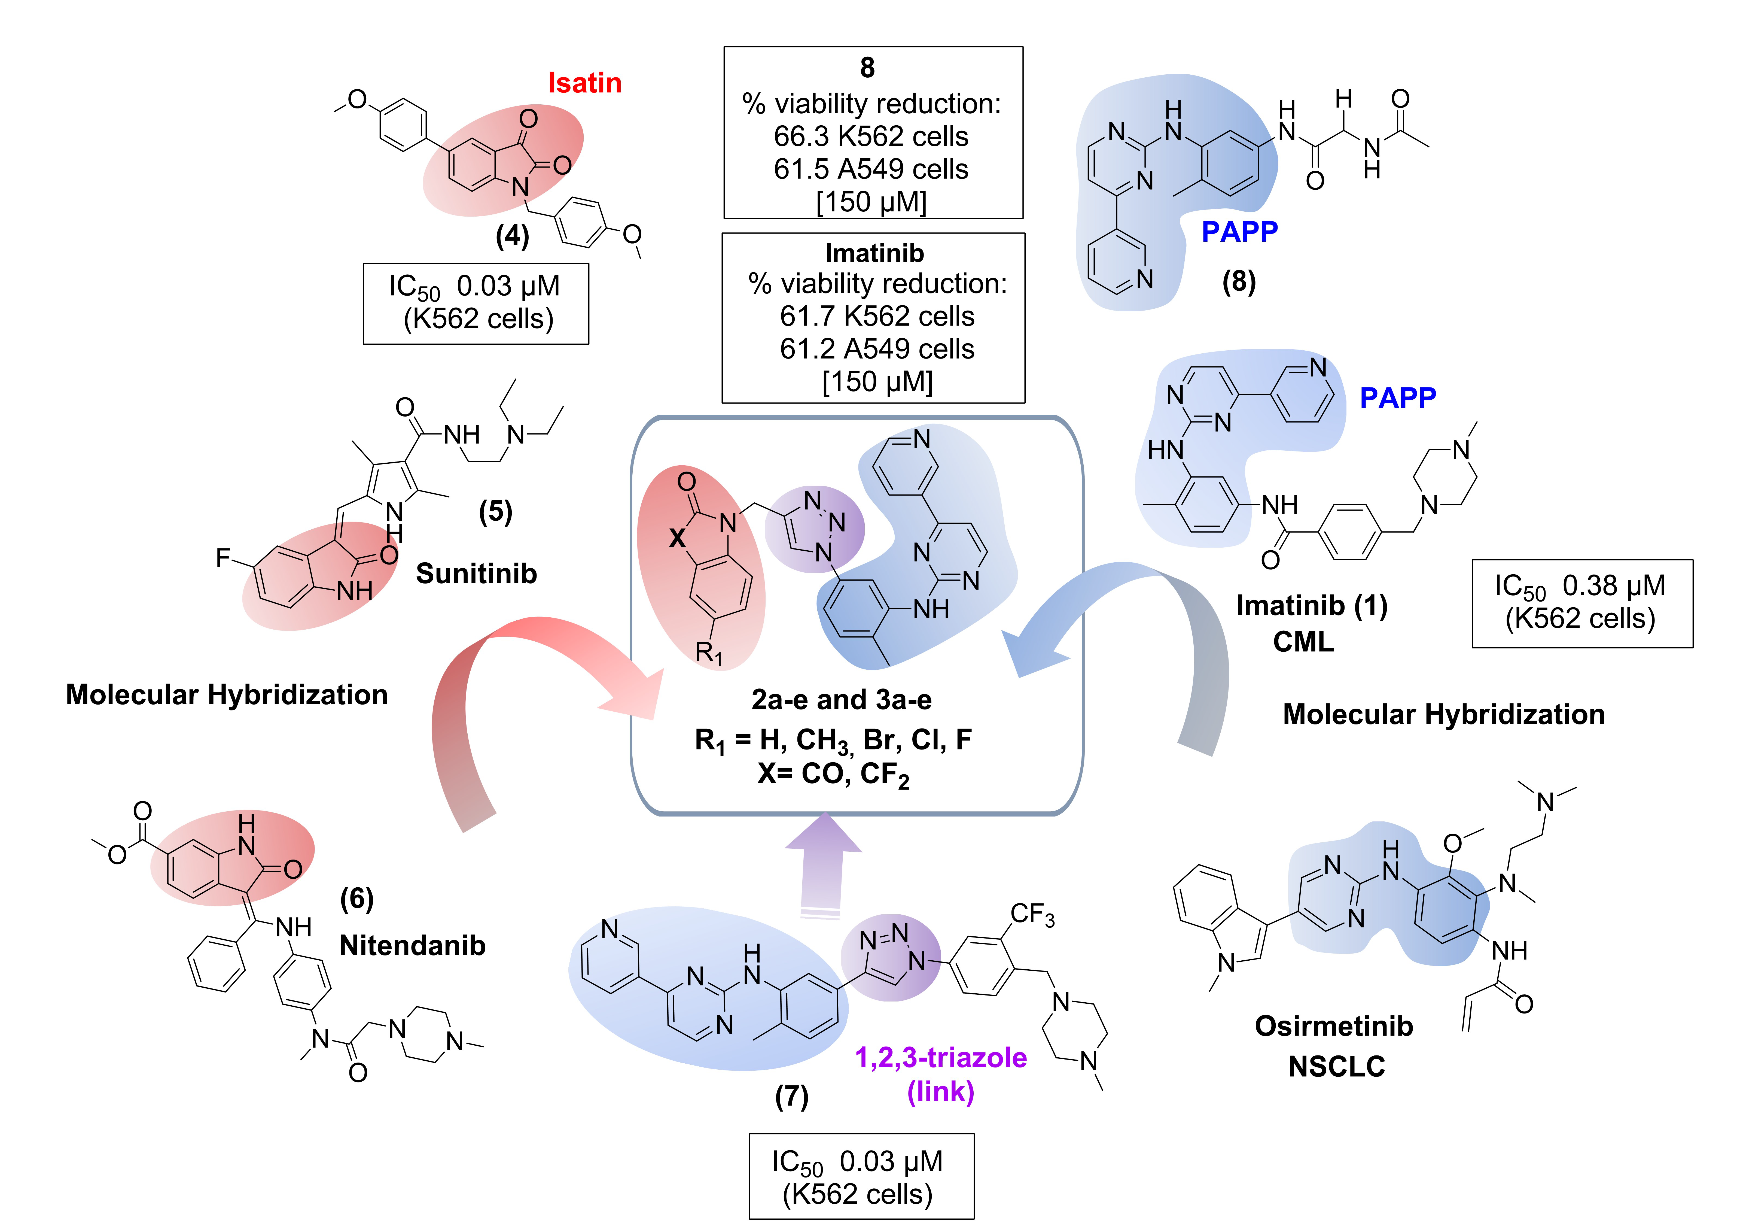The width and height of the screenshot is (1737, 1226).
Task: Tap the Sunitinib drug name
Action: pos(476,574)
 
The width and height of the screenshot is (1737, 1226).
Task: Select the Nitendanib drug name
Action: pos(412,945)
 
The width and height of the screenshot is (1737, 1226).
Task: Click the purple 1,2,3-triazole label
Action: pos(940,1057)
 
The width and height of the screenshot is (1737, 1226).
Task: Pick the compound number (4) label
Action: pos(512,236)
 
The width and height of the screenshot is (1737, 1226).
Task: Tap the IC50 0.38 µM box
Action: pos(1581,603)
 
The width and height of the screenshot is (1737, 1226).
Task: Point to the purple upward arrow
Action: pos(823,863)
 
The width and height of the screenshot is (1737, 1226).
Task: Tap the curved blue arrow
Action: pos(1135,621)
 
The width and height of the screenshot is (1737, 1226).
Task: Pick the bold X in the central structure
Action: pos(677,538)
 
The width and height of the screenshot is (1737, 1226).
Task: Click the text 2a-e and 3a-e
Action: pos(841,700)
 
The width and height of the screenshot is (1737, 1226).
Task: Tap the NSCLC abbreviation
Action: pos(1336,1066)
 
